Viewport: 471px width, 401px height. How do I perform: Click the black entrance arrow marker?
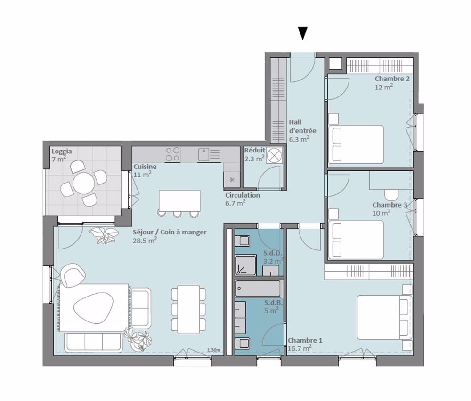pyautogui.click(x=303, y=33)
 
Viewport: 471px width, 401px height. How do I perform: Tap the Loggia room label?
pyautogui.click(x=62, y=152)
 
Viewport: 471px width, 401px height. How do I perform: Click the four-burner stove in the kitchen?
pyautogui.click(x=173, y=154)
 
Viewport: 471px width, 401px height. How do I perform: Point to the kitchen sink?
pyautogui.click(x=204, y=154)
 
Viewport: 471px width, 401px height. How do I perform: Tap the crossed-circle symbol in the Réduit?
pyautogui.click(x=275, y=155)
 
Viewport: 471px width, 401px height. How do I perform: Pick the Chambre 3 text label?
pyautogui.click(x=389, y=205)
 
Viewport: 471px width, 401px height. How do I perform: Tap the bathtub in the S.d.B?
pyautogui.click(x=259, y=287)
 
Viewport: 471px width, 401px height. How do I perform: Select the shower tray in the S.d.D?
pyautogui.click(x=245, y=267)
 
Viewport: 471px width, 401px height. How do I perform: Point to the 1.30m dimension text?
pyautogui.click(x=213, y=350)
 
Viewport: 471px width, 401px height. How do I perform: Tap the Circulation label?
pyautogui.click(x=242, y=195)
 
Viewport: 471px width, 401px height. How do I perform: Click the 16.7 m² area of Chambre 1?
pyautogui.click(x=299, y=349)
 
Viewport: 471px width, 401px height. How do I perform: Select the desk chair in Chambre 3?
pyautogui.click(x=391, y=194)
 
